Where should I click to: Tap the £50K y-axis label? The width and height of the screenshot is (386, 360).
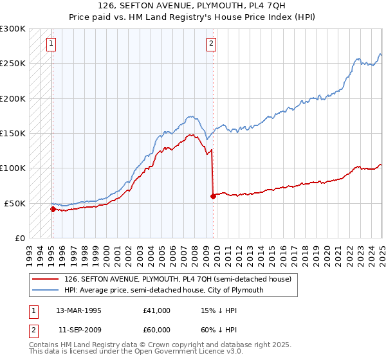tap(15, 203)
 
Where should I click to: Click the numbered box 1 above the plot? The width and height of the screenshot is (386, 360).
tap(51, 44)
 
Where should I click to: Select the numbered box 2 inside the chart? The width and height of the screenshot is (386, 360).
tap(210, 44)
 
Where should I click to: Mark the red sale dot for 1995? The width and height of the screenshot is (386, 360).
tap(53, 209)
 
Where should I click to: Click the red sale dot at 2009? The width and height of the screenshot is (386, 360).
tap(212, 196)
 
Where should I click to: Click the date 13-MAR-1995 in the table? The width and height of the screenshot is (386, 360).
tap(79, 310)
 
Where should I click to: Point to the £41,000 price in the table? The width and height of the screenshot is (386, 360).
tap(157, 310)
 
